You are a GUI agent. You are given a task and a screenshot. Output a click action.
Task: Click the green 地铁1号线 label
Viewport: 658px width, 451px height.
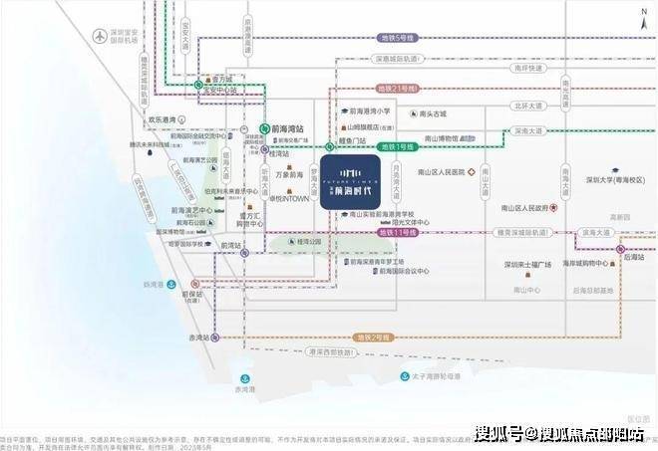coord(398,145)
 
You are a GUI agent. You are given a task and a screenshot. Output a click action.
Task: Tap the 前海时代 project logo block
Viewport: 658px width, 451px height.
coord(348,180)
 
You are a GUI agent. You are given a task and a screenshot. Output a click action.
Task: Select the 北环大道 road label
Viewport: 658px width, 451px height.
coord(528,105)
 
